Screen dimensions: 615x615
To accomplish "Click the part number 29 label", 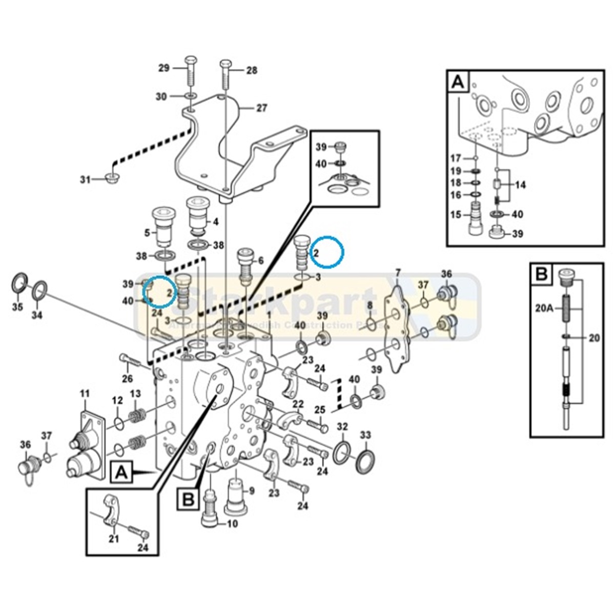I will click(163, 68).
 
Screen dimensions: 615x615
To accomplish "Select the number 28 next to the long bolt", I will click(252, 70).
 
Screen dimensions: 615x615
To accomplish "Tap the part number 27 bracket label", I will click(262, 108).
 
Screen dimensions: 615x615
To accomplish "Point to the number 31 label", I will click(85, 179).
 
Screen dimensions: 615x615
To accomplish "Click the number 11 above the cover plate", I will click(84, 394).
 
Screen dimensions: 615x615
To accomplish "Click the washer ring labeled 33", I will click(365, 458).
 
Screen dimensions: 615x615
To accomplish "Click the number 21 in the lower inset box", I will click(113, 538).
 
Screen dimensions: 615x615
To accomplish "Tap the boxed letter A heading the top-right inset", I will click(458, 82).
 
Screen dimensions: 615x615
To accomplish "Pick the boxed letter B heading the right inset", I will click(542, 276).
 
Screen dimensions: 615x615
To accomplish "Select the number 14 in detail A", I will click(520, 184).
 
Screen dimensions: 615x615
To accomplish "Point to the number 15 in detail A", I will click(455, 214).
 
